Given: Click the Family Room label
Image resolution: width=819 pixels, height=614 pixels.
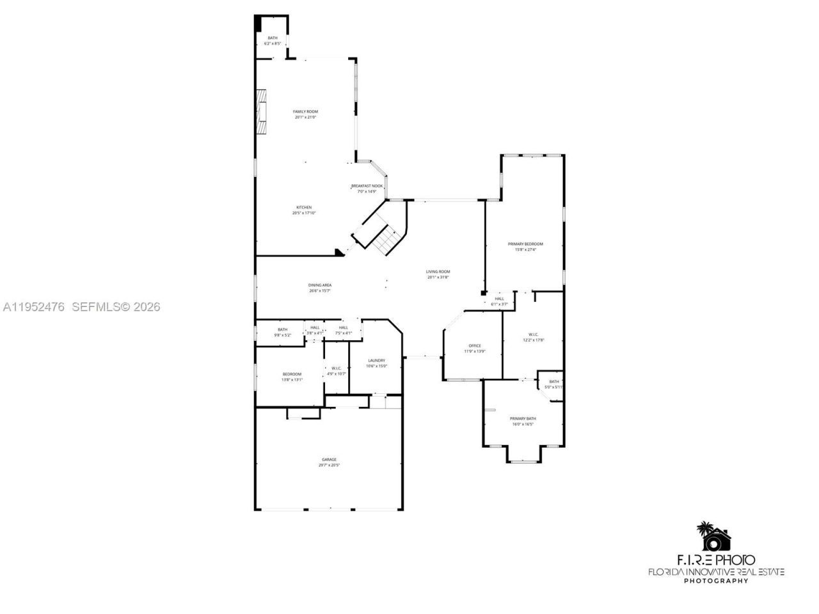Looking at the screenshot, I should click(305, 112).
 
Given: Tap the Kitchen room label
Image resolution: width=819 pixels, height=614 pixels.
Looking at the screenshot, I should click(303, 207).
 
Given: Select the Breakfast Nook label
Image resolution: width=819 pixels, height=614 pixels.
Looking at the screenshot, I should click(367, 186).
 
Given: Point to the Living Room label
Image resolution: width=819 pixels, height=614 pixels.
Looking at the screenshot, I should click(438, 272).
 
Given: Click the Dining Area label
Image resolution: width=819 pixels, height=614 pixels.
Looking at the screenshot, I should click(320, 285).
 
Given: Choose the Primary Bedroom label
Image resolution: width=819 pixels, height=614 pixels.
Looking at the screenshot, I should click(525, 244).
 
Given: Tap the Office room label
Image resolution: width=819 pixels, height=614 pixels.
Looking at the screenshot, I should click(474, 346).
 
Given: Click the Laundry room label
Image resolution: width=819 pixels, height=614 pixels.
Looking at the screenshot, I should click(376, 360).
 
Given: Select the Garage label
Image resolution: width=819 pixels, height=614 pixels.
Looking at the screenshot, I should click(329, 459).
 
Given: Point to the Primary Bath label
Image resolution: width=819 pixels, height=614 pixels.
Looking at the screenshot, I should click(523, 418).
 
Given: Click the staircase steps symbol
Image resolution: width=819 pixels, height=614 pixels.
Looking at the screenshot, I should click(386, 240).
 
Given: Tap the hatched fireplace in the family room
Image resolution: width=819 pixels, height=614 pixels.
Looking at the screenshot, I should click(260, 111).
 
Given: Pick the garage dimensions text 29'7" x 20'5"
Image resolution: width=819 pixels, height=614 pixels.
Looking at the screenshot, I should click(329, 466).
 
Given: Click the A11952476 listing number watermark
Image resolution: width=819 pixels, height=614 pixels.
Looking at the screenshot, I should click(33, 307).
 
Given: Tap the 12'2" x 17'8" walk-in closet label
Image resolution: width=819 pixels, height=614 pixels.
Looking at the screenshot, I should click(533, 337).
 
